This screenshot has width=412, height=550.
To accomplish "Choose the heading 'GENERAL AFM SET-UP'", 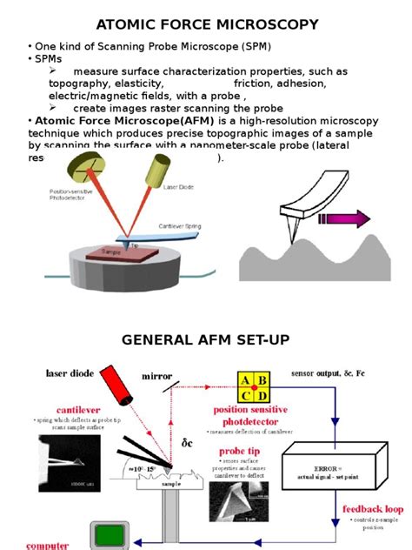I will coord(205,340).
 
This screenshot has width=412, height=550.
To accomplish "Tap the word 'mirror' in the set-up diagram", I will coord(159,377).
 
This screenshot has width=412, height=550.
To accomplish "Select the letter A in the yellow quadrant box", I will coord(245,379).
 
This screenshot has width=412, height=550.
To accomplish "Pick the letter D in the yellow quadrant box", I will coord(262,395).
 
